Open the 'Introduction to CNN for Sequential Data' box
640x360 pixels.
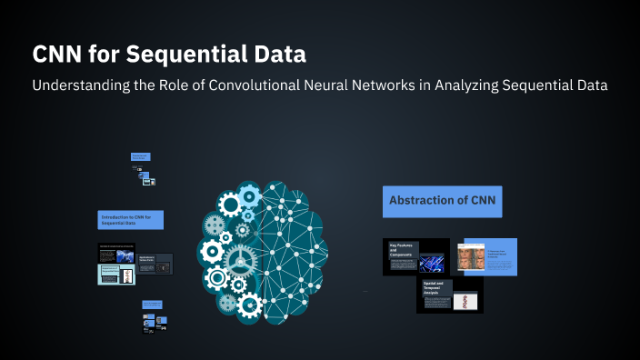(131, 220)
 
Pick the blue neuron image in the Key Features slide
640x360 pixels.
(431, 262)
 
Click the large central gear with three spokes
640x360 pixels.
(240, 260)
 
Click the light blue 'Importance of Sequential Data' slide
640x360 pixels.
(116, 275)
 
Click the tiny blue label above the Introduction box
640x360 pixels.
(140, 157)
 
